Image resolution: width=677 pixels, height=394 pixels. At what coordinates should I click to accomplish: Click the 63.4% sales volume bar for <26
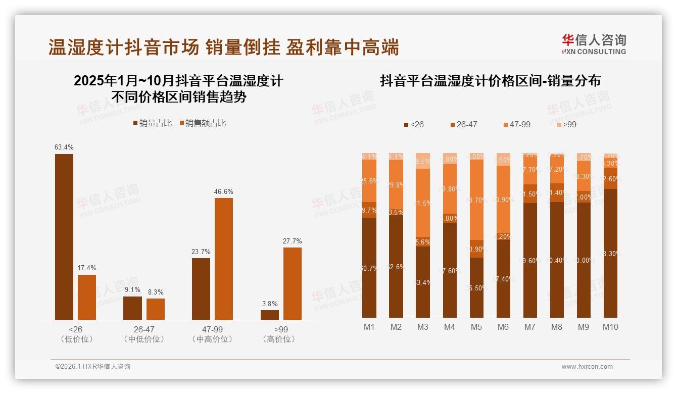(x=64, y=236)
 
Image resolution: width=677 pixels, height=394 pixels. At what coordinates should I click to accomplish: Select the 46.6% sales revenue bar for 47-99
(x=224, y=259)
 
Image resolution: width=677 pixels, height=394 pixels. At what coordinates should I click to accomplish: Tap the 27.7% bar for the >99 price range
(x=293, y=283)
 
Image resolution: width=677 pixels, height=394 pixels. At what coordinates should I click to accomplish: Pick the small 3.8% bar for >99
(x=270, y=315)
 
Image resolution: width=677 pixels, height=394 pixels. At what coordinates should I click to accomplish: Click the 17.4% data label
(x=87, y=268)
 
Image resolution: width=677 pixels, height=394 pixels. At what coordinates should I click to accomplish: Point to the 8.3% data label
(x=155, y=292)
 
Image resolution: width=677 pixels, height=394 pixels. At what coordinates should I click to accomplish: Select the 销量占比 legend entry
(x=153, y=123)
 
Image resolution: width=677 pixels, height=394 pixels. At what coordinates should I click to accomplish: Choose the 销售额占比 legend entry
(x=203, y=123)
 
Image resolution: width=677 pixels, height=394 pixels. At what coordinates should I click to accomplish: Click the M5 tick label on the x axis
(x=476, y=327)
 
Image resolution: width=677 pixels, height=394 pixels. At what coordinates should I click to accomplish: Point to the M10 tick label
(x=610, y=327)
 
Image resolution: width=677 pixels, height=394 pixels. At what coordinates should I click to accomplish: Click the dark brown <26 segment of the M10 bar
(x=610, y=253)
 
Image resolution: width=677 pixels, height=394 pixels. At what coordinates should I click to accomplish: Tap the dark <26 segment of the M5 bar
(x=476, y=288)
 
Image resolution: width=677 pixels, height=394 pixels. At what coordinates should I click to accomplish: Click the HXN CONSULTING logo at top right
(x=594, y=44)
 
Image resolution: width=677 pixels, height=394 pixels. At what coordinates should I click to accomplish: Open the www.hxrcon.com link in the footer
(x=587, y=367)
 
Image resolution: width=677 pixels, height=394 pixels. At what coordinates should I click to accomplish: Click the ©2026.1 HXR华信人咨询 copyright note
(x=93, y=367)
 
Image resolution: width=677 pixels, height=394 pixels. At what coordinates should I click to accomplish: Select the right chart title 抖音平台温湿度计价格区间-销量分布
(x=490, y=81)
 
